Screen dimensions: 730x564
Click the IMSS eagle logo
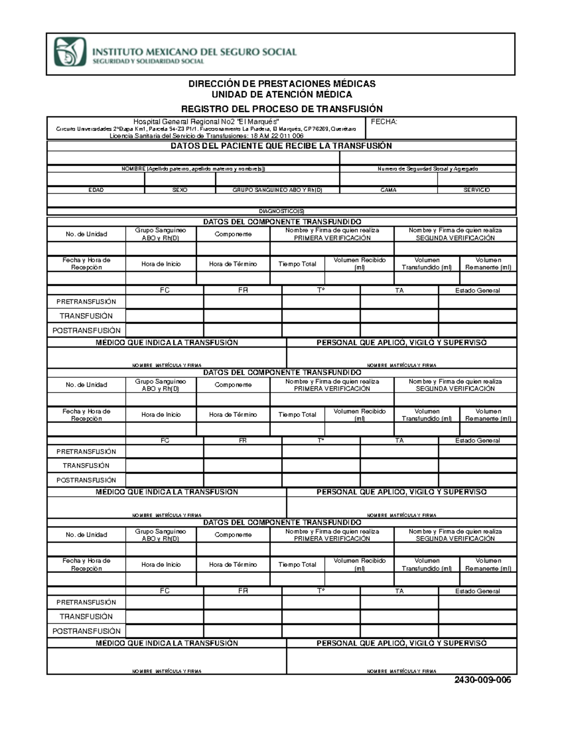pos(70,52)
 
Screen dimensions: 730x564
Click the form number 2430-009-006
pos(482,680)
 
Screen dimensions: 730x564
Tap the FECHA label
pos(384,122)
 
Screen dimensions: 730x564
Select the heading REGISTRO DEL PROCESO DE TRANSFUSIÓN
pos(282,109)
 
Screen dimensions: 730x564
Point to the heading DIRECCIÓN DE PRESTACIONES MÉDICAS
pos(282,84)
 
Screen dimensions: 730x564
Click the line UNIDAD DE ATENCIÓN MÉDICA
pos(282,94)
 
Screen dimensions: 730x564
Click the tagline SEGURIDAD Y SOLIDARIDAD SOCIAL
pos(148,62)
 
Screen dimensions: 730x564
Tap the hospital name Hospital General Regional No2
pos(207,122)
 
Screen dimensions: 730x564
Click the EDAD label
pos(96,190)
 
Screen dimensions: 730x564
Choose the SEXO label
pos(180,190)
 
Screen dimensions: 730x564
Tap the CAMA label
pos(388,190)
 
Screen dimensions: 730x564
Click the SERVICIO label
pos(477,190)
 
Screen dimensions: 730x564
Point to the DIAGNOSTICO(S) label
pos(282,212)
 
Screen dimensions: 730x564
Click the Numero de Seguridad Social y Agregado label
pos(428,169)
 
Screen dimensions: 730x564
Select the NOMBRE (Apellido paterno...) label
pos(193,169)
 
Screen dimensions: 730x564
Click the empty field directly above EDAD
pos(96,179)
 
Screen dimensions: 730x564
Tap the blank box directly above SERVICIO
pos(477,179)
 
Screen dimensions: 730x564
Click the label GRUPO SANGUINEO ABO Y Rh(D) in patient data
pos(277,190)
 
